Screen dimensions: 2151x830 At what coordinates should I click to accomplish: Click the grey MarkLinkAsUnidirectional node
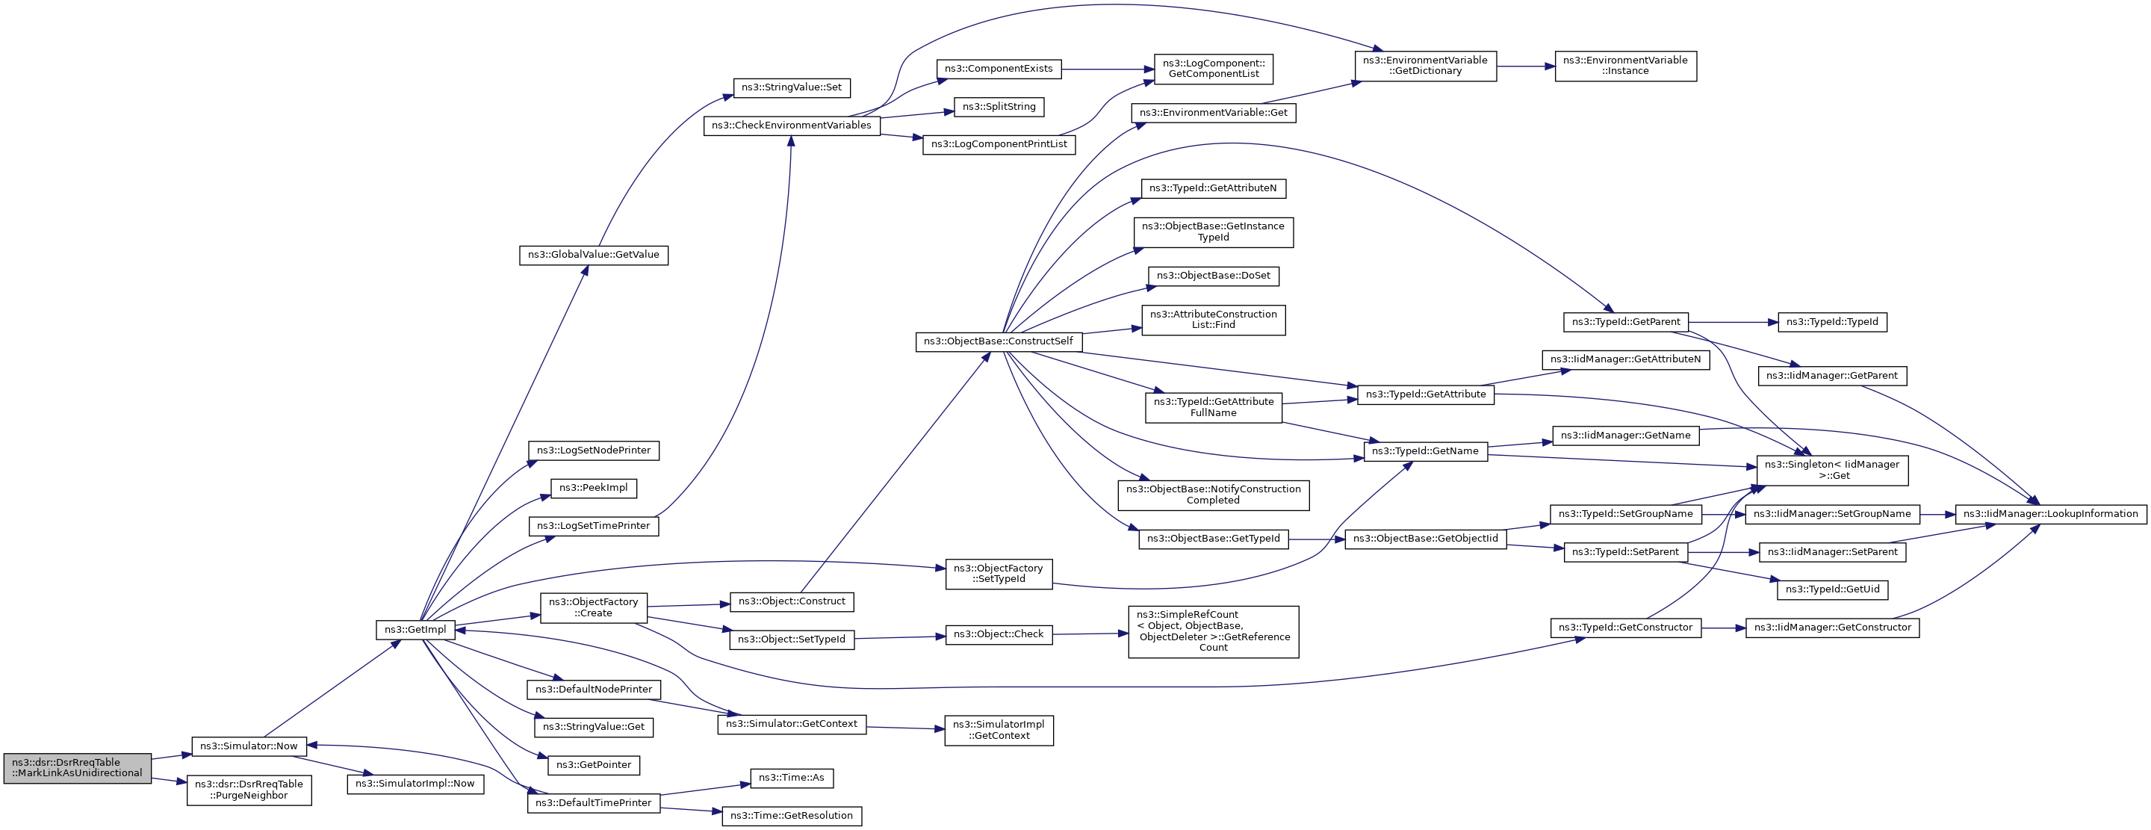point(78,768)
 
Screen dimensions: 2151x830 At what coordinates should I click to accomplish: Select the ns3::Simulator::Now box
point(249,746)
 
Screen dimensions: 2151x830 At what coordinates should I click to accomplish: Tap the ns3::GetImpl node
point(415,630)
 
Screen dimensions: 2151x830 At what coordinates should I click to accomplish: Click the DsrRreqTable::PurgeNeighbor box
point(249,790)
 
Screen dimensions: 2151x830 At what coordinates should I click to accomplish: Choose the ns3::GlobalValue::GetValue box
point(594,255)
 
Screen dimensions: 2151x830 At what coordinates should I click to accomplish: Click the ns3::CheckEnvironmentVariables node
point(792,126)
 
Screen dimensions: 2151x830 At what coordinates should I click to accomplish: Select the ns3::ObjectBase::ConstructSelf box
point(999,341)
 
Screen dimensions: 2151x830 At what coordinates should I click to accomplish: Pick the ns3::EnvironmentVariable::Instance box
point(1626,66)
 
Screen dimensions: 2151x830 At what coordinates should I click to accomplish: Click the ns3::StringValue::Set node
point(792,87)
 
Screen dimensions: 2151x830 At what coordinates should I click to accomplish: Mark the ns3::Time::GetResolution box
point(792,816)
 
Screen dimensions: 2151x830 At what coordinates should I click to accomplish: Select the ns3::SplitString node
point(999,107)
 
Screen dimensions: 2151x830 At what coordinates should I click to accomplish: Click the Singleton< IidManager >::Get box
point(1832,470)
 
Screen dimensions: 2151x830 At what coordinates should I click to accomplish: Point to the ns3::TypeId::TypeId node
point(1832,322)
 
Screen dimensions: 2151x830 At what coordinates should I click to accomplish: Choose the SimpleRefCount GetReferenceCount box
point(1213,631)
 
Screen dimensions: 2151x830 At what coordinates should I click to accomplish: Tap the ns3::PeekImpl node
point(594,488)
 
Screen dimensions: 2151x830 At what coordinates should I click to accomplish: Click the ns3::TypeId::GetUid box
point(1832,589)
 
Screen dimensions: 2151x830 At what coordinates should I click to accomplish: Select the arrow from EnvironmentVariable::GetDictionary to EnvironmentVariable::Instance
point(1526,66)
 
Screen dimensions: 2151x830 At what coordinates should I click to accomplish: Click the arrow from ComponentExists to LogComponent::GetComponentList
point(1107,69)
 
